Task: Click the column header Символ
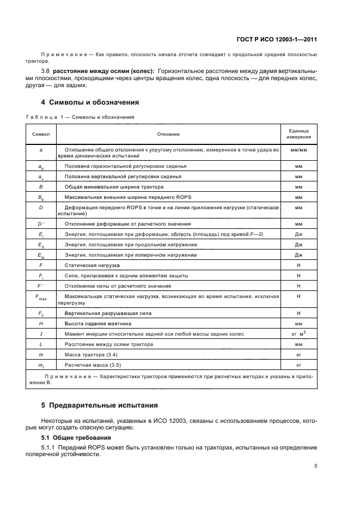click(x=41, y=133)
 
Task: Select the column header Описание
click(x=168, y=133)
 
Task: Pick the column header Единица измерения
click(x=298, y=133)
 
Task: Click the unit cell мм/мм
click(x=298, y=149)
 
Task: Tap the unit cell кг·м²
click(x=298, y=333)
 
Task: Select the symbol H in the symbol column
click(x=41, y=323)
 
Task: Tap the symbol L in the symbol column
click(x=41, y=344)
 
